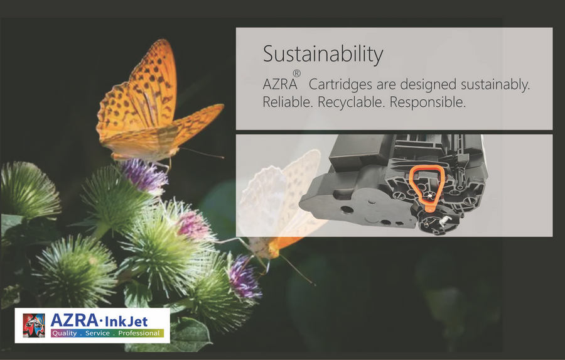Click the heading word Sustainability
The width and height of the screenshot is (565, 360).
pos(323,55)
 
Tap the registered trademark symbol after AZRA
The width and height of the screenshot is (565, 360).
pos(296,74)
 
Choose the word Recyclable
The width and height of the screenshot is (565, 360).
pos(352,102)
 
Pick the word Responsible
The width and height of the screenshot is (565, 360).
pos(428,102)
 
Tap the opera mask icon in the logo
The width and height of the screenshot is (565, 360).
pos(34,325)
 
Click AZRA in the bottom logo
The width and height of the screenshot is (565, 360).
pos(74,320)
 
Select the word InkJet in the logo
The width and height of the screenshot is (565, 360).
pos(126,320)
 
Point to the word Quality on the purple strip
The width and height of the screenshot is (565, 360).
pos(65,333)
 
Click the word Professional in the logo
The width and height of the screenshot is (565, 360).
pos(139,333)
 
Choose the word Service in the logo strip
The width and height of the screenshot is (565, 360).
pos(97,333)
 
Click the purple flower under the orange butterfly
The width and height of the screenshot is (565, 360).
pos(144,176)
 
